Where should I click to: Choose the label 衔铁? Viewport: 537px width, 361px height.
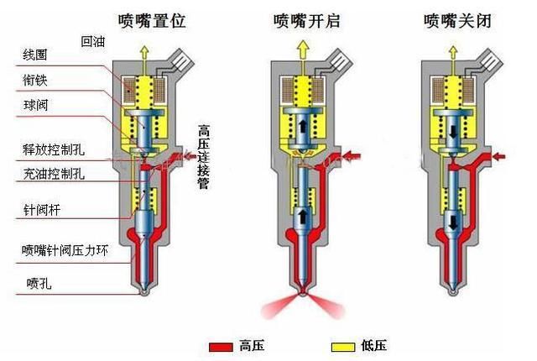click(34, 80)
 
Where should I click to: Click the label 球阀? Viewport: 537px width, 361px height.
click(34, 107)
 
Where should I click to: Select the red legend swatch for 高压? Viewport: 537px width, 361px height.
click(220, 346)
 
